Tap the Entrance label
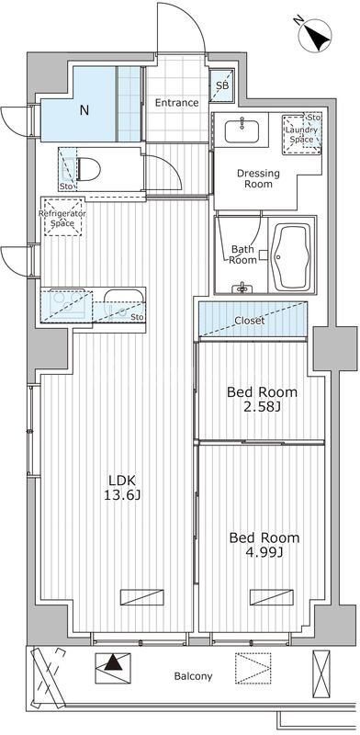pyautogui.click(x=176, y=103)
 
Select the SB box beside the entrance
pyautogui.click(x=222, y=85)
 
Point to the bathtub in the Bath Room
pyautogui.click(x=291, y=257)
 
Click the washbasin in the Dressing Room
pyautogui.click(x=242, y=130)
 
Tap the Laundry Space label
pyautogui.click(x=301, y=134)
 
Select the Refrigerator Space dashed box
pyautogui.click(x=62, y=217)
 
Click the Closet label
pyautogui.click(x=250, y=321)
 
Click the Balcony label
pyautogui.click(x=193, y=676)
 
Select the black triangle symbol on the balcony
pyautogui.click(x=111, y=663)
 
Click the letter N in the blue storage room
pyautogui.click(x=84, y=110)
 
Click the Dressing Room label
pyautogui.click(x=258, y=178)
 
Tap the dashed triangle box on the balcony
pyautogui.click(x=253, y=668)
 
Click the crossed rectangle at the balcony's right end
pyautogui.click(x=321, y=668)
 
